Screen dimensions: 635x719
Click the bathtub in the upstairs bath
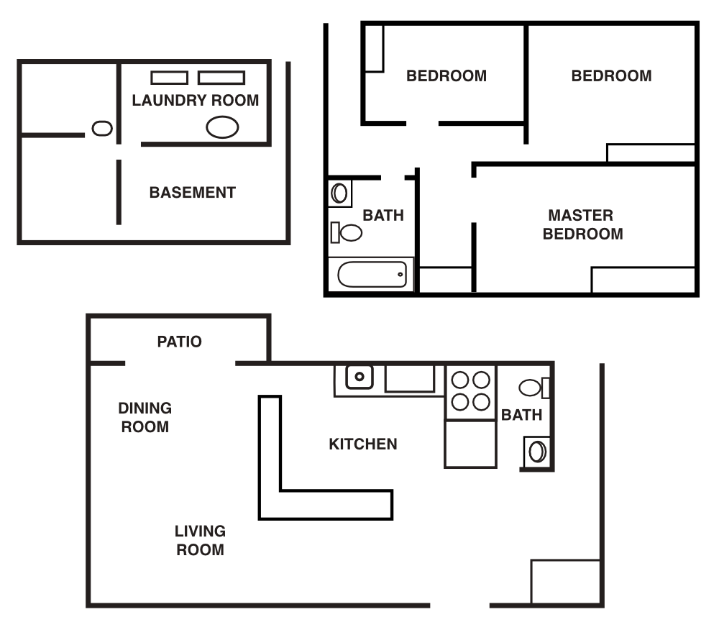click(x=372, y=274)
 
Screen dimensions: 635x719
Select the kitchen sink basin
click(x=359, y=376)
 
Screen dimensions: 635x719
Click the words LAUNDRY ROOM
click(x=195, y=101)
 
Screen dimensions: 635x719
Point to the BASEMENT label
click(x=192, y=193)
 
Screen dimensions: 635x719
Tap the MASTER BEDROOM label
click(x=582, y=224)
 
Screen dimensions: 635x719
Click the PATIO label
click(x=180, y=342)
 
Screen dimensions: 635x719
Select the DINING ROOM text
click(x=145, y=417)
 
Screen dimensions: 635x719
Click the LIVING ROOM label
click(x=200, y=541)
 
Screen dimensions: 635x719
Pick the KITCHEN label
click(x=362, y=444)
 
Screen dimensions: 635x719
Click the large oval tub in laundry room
click(x=222, y=127)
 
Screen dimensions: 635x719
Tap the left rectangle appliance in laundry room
click(x=169, y=78)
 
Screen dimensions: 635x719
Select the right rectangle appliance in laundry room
click(x=221, y=78)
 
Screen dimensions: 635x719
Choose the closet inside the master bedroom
click(x=643, y=280)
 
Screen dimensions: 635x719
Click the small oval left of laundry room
click(x=102, y=129)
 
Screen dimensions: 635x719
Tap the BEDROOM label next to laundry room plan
click(x=446, y=76)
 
